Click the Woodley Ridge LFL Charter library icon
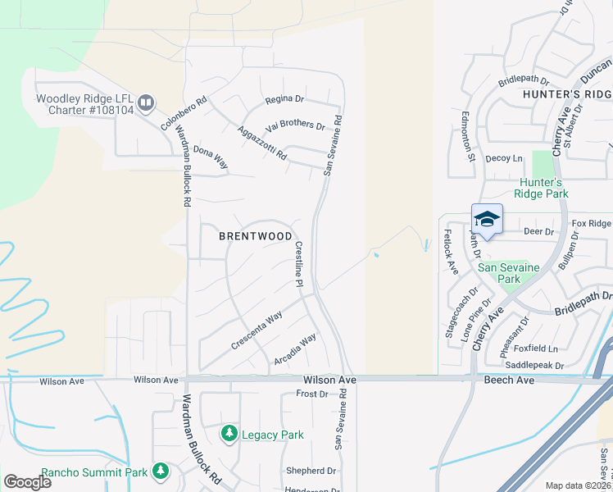pyautogui.click(x=146, y=102)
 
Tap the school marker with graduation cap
pyautogui.click(x=487, y=219)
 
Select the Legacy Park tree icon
pyautogui.click(x=229, y=433)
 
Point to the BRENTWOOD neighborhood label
pyautogui.click(x=256, y=236)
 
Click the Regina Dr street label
pyautogui.click(x=284, y=99)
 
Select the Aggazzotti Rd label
pyautogui.click(x=262, y=143)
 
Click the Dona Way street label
pyautogui.click(x=210, y=157)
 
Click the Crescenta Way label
pyautogui.click(x=257, y=330)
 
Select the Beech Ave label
pyautogui.click(x=509, y=380)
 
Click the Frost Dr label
pyautogui.click(x=311, y=394)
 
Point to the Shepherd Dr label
pyautogui.click(x=311, y=471)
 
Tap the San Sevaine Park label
pyautogui.click(x=500, y=273)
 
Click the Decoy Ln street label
pyautogui.click(x=504, y=158)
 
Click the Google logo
pyautogui.click(x=27, y=481)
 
